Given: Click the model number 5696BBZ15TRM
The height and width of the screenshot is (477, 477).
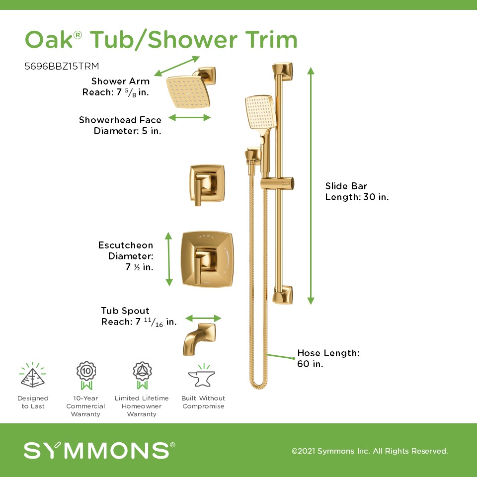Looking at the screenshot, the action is tap(62, 66).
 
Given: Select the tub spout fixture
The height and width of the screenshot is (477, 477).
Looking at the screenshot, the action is tap(199, 339).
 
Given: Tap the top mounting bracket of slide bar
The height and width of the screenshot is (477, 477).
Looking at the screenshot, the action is tap(282, 72).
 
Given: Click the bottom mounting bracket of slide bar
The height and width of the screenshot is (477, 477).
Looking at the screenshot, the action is tap(282, 295).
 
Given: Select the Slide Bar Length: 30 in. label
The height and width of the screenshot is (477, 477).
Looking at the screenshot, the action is tap(357, 191).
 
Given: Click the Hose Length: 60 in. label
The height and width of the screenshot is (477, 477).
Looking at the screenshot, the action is tap(328, 358).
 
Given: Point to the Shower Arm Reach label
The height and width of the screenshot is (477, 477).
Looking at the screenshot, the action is tap(116, 86).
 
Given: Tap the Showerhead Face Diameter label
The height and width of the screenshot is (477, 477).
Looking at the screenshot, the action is tap(120, 125).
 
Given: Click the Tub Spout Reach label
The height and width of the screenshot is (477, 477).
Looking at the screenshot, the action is tap(139, 317).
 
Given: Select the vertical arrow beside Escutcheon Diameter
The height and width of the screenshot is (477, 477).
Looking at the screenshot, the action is tap(169, 259).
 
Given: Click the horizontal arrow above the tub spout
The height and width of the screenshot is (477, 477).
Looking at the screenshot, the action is tap(203, 318).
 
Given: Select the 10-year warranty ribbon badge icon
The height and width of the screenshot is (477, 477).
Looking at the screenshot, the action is tap(86, 376).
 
